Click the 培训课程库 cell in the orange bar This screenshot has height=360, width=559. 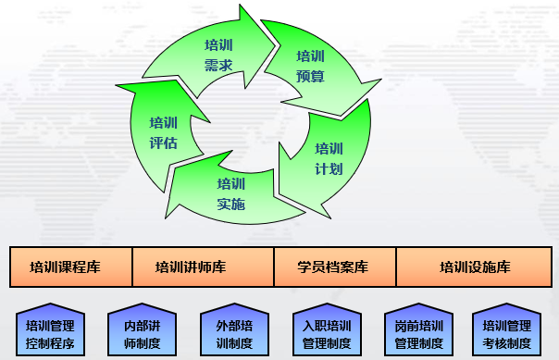click(71, 267)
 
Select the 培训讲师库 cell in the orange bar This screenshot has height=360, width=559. click(204, 267)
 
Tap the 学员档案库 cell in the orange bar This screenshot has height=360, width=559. click(335, 267)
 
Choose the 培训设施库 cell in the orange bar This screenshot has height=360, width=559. click(474, 267)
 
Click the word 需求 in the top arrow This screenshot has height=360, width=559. click(217, 65)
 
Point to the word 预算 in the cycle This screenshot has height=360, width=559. click(311, 76)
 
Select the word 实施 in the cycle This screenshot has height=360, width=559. click(231, 204)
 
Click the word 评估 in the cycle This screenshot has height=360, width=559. click(163, 143)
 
